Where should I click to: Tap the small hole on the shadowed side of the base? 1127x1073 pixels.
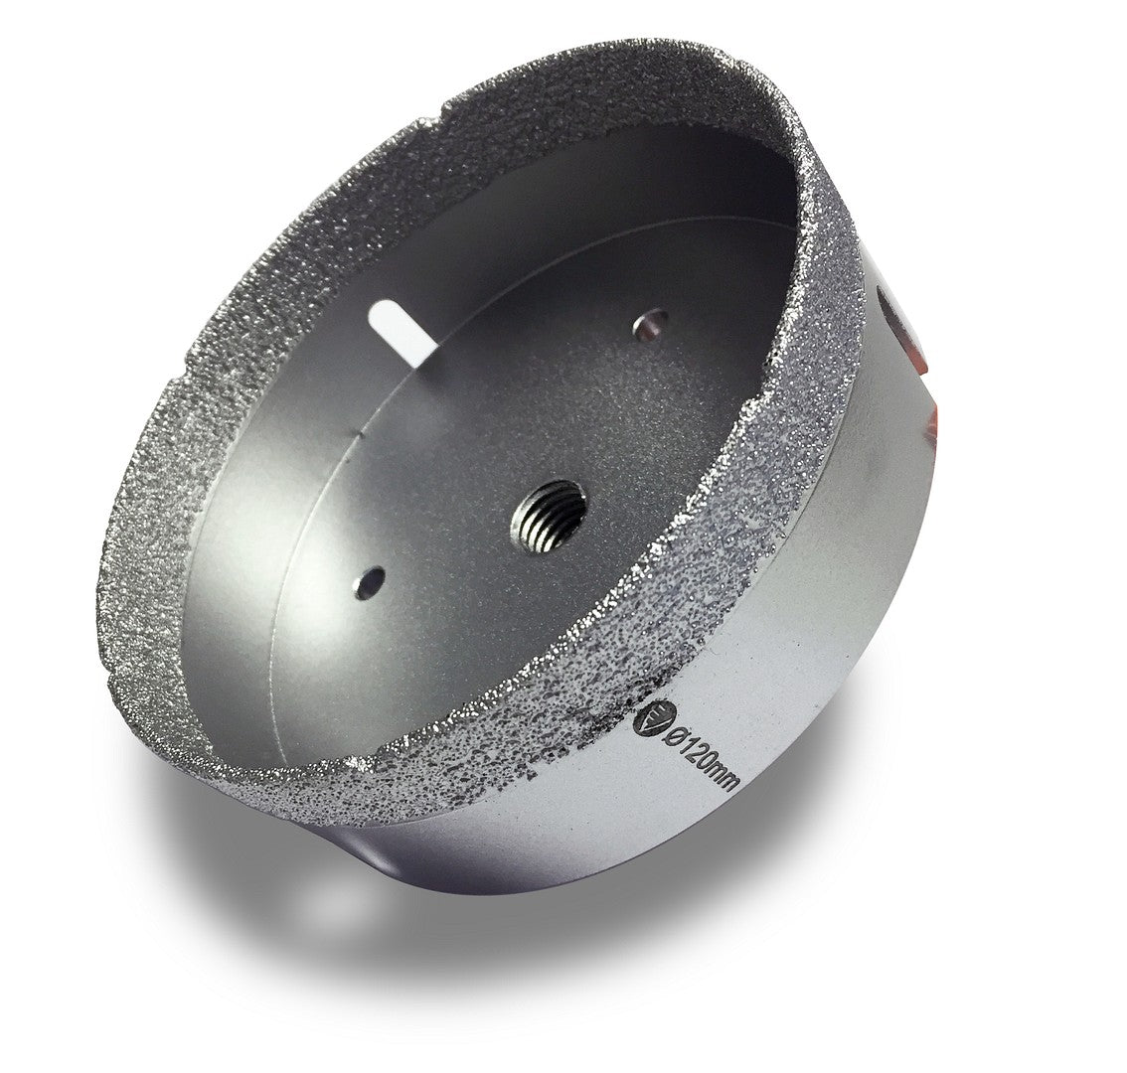point(651,321)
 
